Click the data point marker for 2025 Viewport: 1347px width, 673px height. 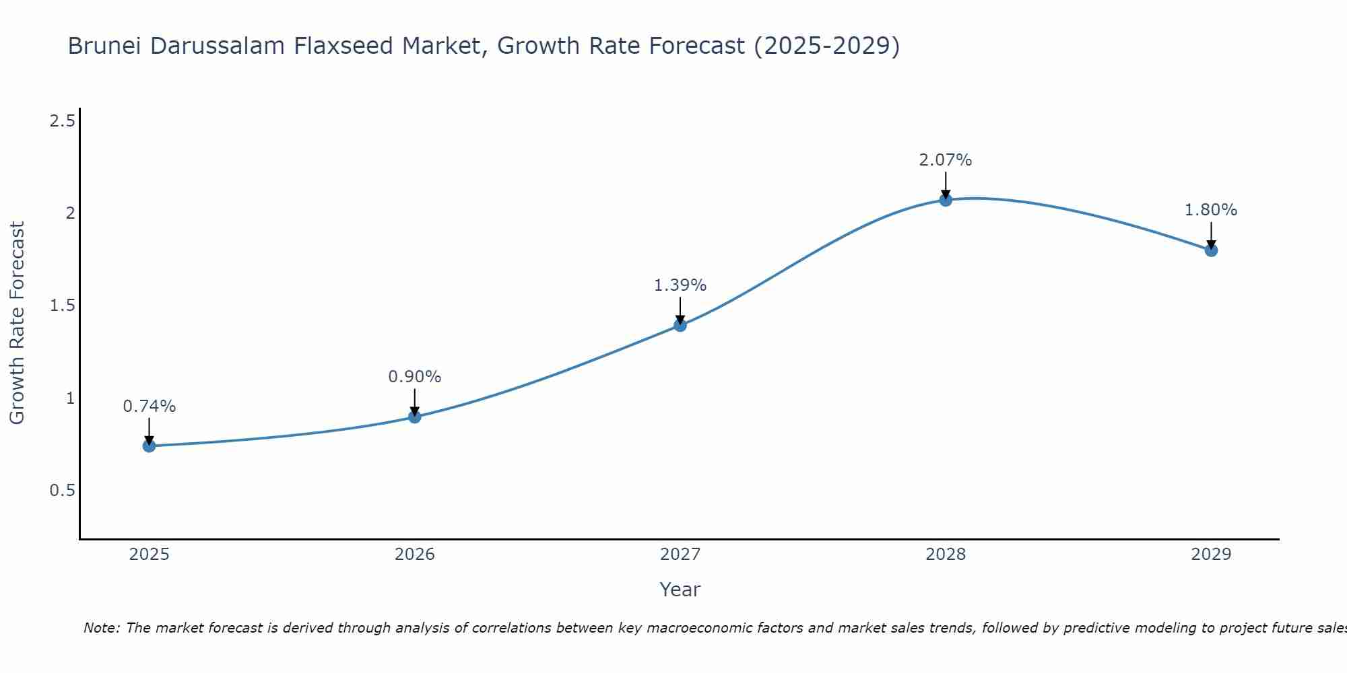coord(149,446)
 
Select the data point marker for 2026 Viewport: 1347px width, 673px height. coord(415,417)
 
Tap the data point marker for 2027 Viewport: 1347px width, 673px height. coord(680,325)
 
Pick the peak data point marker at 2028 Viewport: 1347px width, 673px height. coord(946,199)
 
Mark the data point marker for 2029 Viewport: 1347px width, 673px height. coord(1211,250)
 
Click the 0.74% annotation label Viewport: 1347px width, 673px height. coord(149,406)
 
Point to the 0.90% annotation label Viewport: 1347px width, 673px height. coord(415,377)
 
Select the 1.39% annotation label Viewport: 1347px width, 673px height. coord(680,285)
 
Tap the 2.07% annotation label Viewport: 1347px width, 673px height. coord(946,160)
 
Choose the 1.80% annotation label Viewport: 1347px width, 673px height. coord(1211,210)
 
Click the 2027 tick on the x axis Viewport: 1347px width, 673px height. coord(680,555)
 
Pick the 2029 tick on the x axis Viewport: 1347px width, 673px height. coord(1211,555)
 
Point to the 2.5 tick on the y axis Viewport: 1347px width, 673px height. coord(62,121)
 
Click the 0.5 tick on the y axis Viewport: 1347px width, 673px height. coord(62,491)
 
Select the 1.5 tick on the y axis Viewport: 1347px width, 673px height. coord(62,306)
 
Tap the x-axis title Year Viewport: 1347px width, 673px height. coord(680,590)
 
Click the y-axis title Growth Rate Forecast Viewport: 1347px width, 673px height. coord(17,323)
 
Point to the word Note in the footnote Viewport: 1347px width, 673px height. coord(101,628)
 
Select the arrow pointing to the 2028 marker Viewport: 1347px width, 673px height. coord(946,184)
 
